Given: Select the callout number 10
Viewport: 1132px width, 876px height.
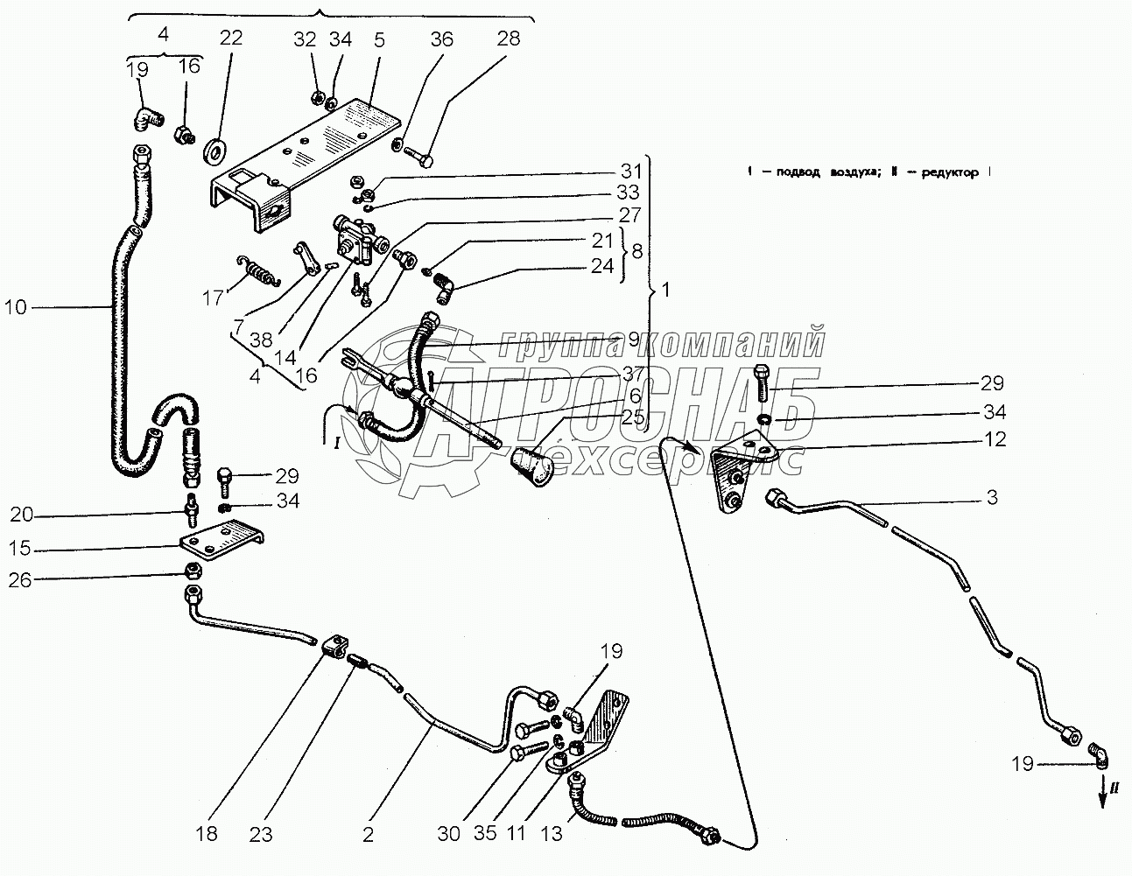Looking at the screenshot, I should coord(16,307).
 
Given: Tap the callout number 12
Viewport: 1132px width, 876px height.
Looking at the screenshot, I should coord(994,440).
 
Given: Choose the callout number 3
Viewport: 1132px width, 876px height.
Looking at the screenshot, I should coord(992,497).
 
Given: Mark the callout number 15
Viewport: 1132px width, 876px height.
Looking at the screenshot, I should coord(21,549).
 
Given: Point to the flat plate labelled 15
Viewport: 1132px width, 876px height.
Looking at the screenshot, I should coord(221,542).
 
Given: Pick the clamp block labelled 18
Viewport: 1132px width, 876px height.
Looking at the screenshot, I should coord(329,648).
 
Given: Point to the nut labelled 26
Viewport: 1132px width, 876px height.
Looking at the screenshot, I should coord(193,571).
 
